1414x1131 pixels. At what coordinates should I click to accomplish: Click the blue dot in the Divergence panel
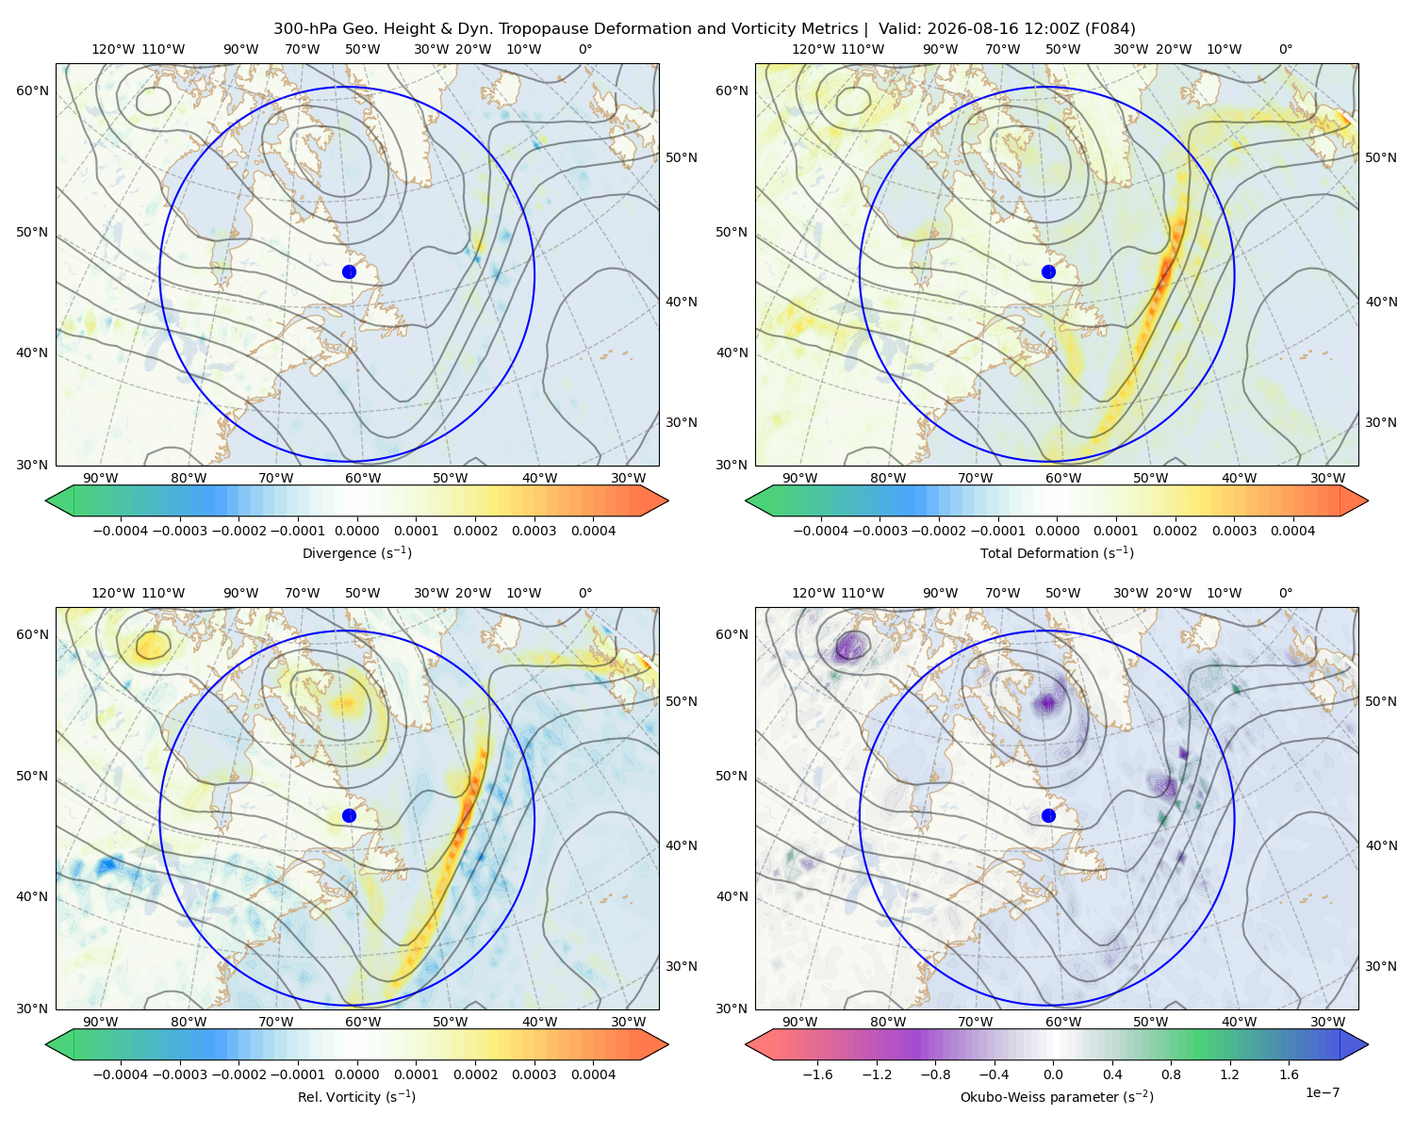(x=349, y=272)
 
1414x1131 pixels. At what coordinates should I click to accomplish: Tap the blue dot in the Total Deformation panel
(x=1048, y=272)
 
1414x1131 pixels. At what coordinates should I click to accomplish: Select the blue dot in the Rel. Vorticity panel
(x=349, y=815)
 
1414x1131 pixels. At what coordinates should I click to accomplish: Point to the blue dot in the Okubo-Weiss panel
(x=1048, y=815)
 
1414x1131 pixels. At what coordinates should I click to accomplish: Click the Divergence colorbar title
(x=356, y=553)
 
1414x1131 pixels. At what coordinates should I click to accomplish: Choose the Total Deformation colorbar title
(x=1057, y=553)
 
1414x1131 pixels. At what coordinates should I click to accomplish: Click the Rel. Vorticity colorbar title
(x=356, y=1097)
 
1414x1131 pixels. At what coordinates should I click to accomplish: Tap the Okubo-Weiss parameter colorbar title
(x=1057, y=1097)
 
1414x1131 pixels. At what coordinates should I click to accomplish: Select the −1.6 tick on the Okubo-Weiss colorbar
(x=817, y=1074)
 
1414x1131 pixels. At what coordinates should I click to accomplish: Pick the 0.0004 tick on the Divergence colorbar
(x=593, y=531)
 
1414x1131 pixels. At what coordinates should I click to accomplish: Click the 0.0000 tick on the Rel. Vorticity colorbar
(x=356, y=1074)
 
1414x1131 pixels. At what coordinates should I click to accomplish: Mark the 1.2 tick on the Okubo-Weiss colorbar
(x=1229, y=1074)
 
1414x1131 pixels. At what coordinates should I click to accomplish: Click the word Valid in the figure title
(x=896, y=29)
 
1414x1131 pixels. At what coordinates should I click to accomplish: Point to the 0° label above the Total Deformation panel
(x=1285, y=49)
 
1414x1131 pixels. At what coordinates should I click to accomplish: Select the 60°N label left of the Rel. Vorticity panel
(x=32, y=635)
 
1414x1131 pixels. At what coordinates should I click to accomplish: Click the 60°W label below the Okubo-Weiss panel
(x=1062, y=1022)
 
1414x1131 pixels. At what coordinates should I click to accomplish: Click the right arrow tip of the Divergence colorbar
(x=668, y=500)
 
